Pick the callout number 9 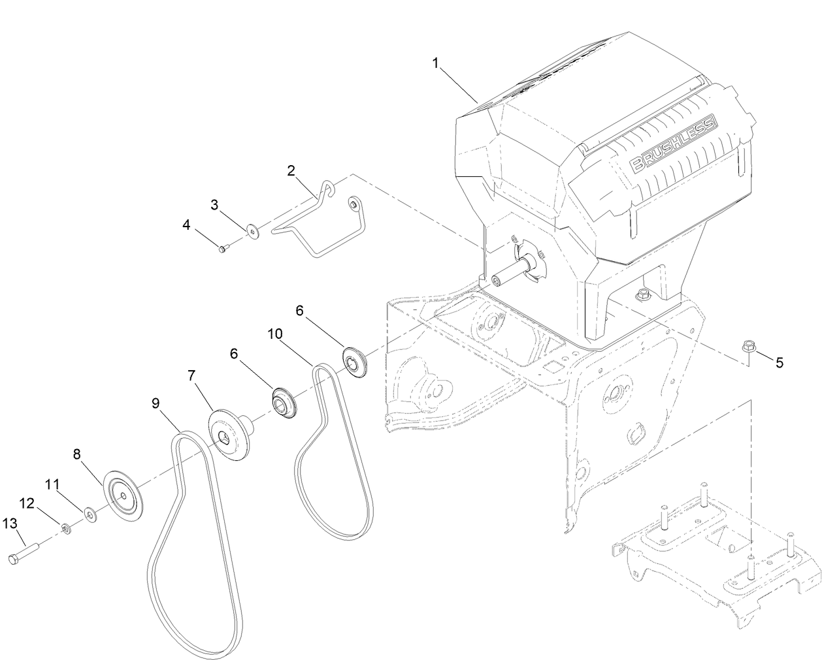tap(156, 403)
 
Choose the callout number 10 tap(275, 334)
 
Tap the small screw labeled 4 tap(222, 248)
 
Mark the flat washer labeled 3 tap(252, 230)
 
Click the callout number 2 tap(291, 171)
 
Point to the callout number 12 tap(27, 503)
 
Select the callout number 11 tap(52, 484)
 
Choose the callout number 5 tap(779, 362)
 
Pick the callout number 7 tap(191, 375)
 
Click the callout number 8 tap(76, 453)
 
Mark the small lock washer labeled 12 tap(67, 527)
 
